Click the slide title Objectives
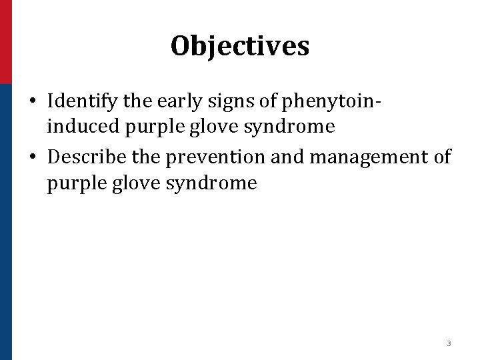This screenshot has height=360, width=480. click(240, 46)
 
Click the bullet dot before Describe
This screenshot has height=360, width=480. click(32, 159)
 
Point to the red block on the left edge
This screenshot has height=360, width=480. click(5, 41)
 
